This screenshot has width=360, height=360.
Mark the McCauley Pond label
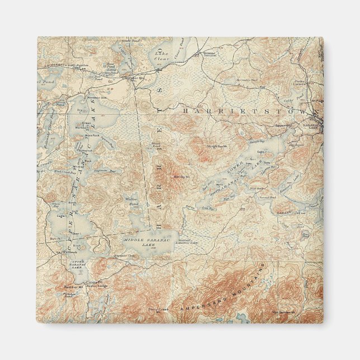247,80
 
